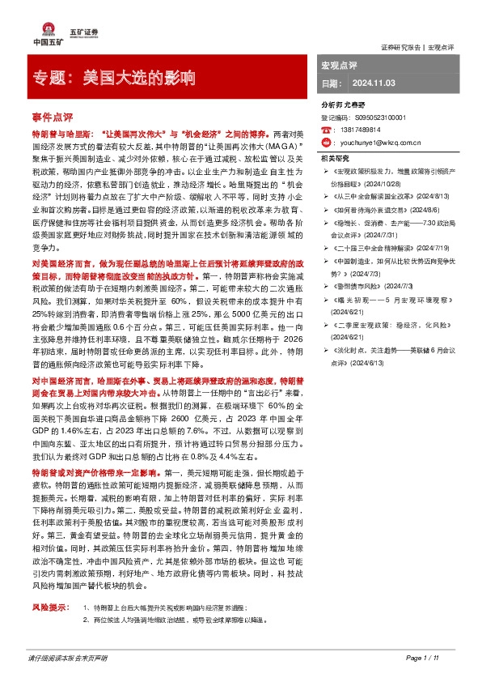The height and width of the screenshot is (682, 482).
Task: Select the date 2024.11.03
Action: tap(373, 83)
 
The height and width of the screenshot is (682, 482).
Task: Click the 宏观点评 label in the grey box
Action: tap(340, 64)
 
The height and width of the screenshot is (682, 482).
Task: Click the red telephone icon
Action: tap(327, 129)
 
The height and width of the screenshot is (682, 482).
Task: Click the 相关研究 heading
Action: tap(336, 158)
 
